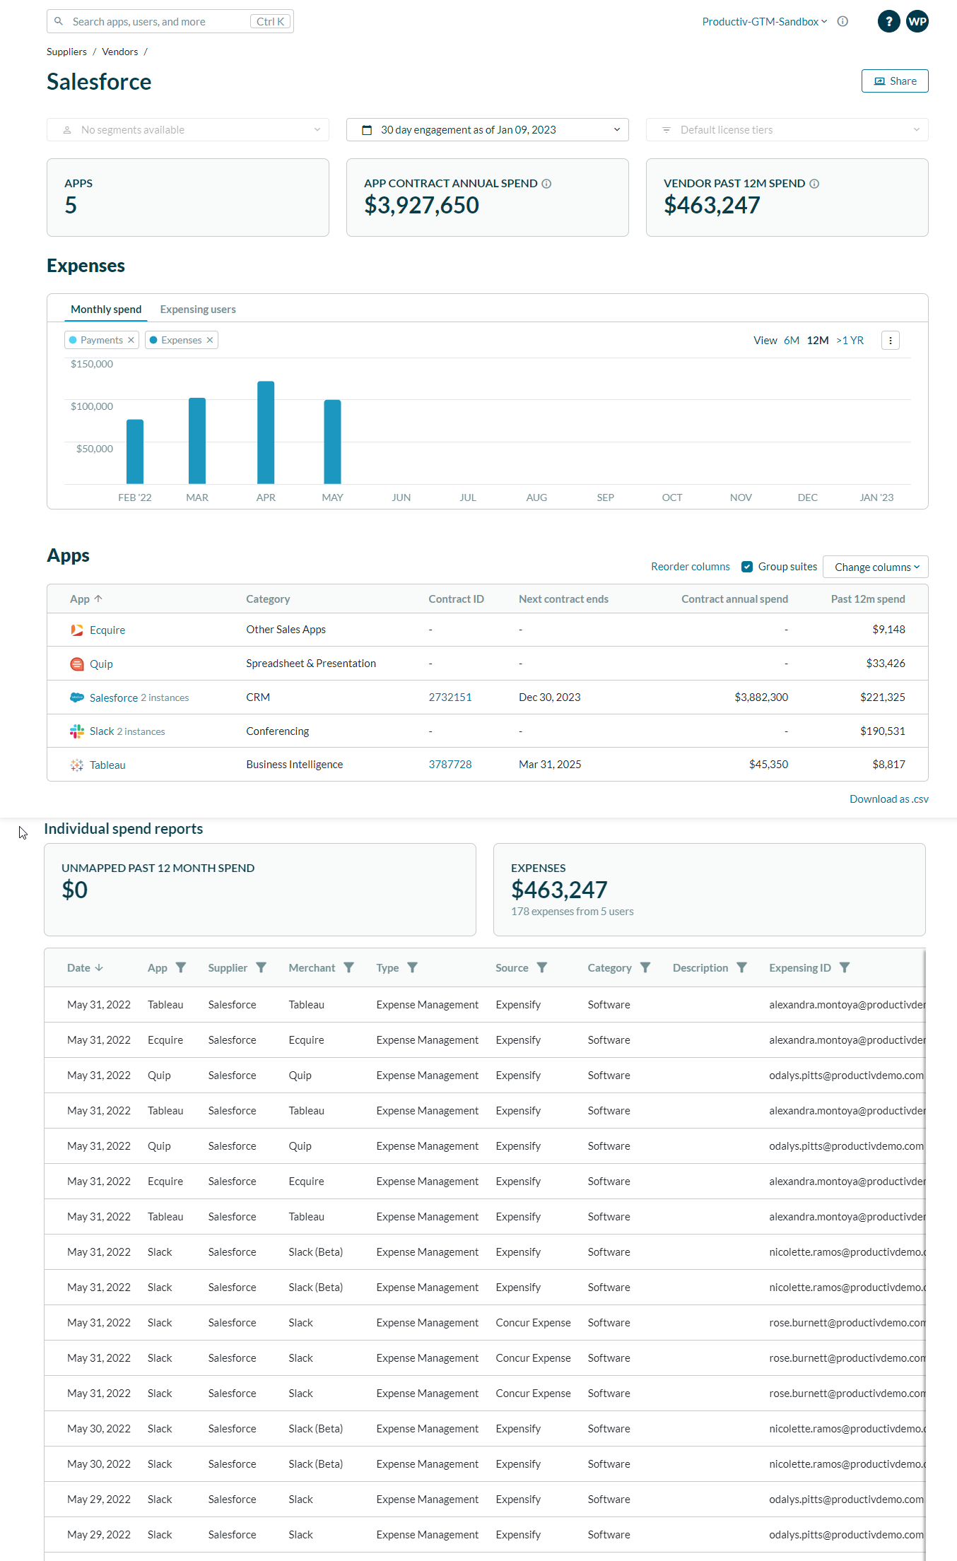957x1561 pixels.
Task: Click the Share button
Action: pos(894,81)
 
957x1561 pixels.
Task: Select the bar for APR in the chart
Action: pos(266,432)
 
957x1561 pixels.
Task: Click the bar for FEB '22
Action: pos(135,452)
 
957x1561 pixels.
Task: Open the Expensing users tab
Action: pos(198,310)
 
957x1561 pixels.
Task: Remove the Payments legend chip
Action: pos(131,340)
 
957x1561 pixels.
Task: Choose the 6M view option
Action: pos(791,341)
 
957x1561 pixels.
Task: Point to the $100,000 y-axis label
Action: pos(92,406)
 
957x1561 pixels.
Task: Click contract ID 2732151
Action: pos(450,697)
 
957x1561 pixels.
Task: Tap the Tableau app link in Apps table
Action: pos(107,765)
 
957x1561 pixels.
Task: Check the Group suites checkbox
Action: pos(747,567)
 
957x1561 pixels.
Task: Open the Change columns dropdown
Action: pos(876,567)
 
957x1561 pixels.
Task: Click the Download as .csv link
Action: pos(888,799)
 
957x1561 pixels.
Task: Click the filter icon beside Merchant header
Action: pos(348,967)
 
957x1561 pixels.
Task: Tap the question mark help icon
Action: pos(888,21)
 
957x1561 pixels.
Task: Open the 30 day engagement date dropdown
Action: pos(487,130)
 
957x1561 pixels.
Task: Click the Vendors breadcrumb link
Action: pos(120,52)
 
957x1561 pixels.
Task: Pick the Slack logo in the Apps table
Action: pos(77,731)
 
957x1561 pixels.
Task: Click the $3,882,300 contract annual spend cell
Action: pos(761,697)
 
